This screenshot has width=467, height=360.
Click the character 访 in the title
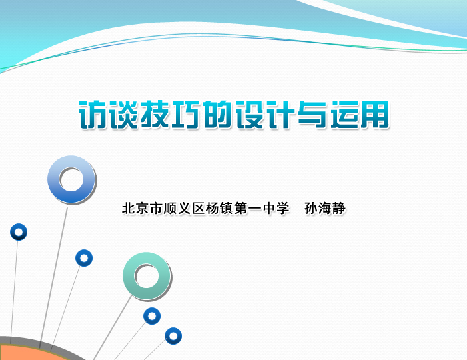pos(94,115)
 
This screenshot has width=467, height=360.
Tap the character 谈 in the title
pos(125,115)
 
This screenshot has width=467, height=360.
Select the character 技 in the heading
pos(155,115)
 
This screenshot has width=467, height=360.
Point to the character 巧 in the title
pos(187,115)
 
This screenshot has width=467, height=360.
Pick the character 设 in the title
pos(250,115)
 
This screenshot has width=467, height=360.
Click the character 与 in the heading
pos(312,115)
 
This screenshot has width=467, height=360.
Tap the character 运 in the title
pos(344,115)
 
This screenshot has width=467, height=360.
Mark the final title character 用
pos(374,115)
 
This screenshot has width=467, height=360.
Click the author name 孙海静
pos(325,208)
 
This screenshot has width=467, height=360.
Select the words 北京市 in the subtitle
pos(143,208)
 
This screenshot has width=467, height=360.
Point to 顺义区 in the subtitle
pos(184,208)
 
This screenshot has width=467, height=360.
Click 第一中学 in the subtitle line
pos(262,208)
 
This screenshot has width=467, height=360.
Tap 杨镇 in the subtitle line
pos(219,208)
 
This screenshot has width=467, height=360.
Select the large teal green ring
pos(129,276)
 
